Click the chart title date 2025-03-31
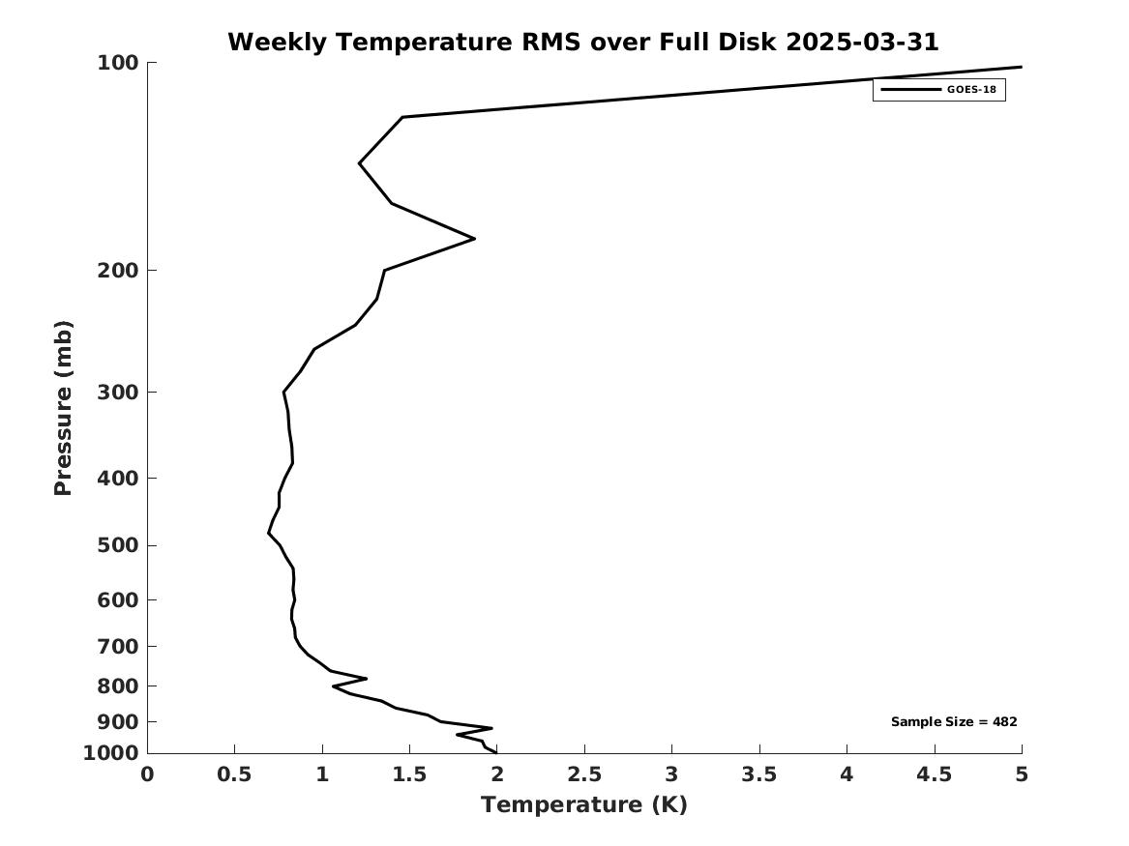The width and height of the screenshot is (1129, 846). (x=862, y=42)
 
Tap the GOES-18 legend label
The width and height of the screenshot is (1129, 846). (x=971, y=90)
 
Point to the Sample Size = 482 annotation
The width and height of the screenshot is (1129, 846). (x=954, y=721)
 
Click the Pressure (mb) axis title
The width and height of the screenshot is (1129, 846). (x=63, y=408)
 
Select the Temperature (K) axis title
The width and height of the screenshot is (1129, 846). (x=584, y=804)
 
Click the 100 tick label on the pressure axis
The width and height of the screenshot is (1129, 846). (x=117, y=63)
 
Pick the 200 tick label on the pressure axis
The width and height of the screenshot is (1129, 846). (x=117, y=271)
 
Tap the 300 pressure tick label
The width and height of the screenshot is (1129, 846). (x=117, y=393)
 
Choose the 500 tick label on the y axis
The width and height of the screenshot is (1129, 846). (x=117, y=545)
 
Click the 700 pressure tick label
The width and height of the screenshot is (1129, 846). (x=117, y=646)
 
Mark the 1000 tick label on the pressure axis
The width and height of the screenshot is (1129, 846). (x=111, y=753)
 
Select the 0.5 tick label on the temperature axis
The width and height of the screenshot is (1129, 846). (x=235, y=774)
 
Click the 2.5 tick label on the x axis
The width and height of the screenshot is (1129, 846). (x=584, y=774)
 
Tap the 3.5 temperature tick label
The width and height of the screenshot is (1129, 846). (x=759, y=774)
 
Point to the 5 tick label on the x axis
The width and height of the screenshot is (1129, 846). (x=1022, y=774)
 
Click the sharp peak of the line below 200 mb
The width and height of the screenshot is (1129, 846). (x=474, y=238)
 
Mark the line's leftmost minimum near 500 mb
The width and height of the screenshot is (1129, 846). (x=269, y=533)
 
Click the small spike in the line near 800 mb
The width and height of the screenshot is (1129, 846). (x=367, y=678)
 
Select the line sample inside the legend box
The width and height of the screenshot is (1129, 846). (x=910, y=90)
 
